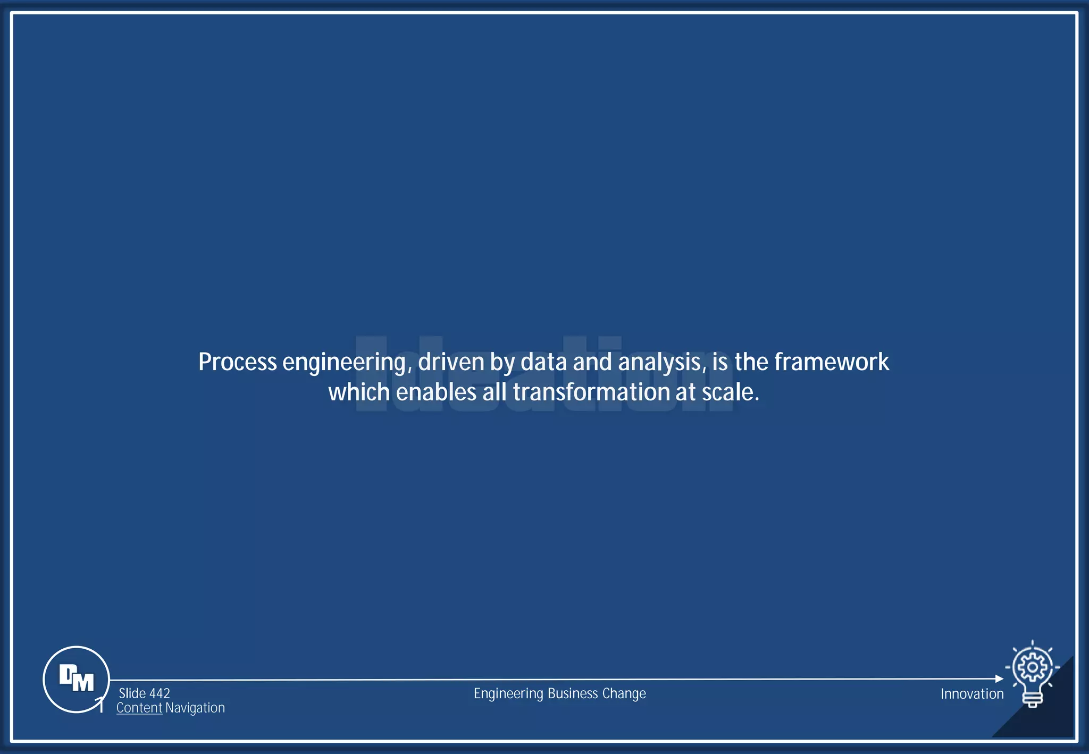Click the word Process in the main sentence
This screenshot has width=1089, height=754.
tap(238, 362)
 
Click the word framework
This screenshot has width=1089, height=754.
tap(832, 362)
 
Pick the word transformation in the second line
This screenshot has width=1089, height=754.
tap(591, 392)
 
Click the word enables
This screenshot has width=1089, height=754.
tap(436, 392)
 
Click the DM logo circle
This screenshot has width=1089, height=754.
tap(76, 679)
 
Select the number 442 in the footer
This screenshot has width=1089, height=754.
tap(160, 693)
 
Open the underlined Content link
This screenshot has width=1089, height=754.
tap(139, 708)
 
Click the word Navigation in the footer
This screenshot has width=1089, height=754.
tap(195, 708)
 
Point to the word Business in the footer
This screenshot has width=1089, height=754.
tap(573, 693)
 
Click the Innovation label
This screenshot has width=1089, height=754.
tap(972, 694)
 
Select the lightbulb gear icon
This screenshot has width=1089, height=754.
tap(1032, 673)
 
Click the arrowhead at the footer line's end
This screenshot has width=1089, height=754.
tap(999, 679)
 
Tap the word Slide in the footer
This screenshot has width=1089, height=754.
tap(132, 693)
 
